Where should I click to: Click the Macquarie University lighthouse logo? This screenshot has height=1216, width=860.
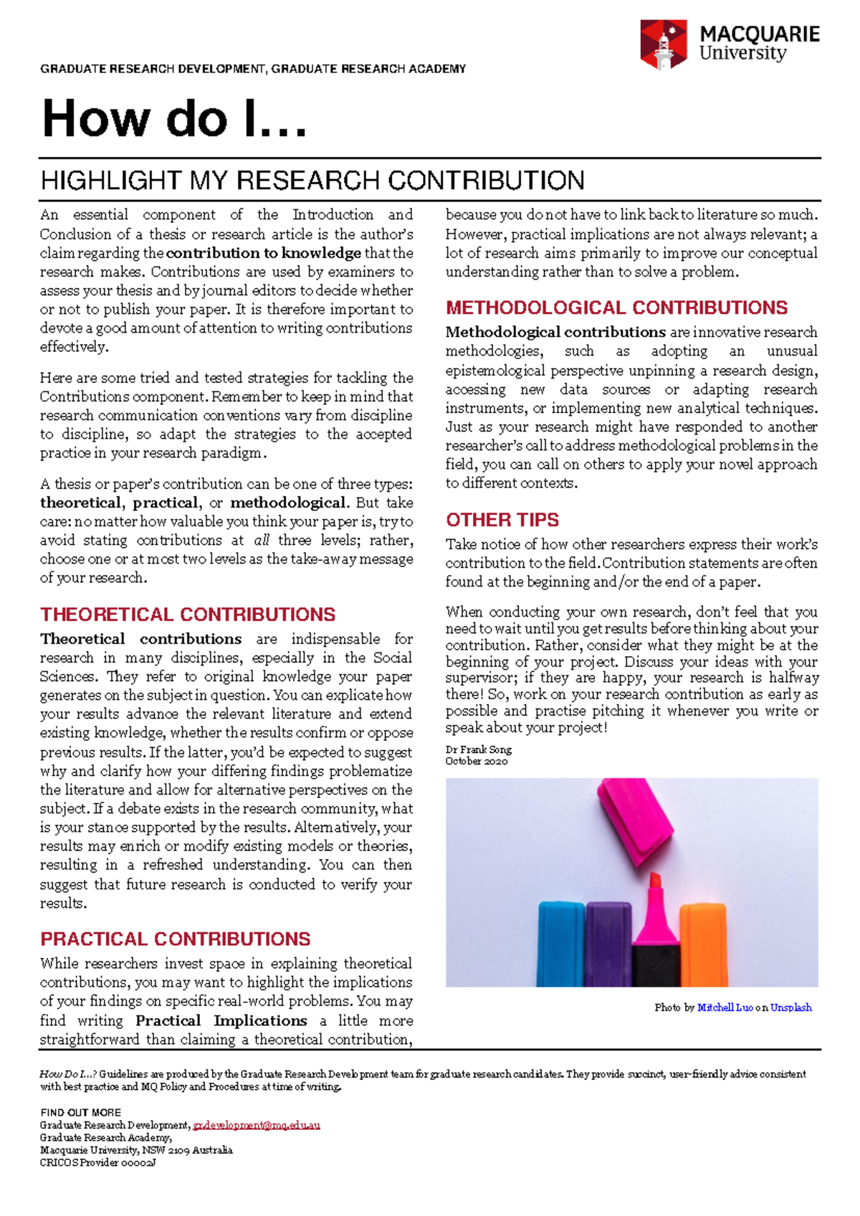coord(663,44)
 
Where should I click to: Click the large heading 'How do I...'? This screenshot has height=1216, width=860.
coord(174,118)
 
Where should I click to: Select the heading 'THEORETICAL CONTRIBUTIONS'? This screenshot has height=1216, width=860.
coord(188,614)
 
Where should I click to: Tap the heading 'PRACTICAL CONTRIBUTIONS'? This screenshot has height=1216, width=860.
coord(176,939)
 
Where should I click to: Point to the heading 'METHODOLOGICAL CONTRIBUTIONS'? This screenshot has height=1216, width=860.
coord(616,308)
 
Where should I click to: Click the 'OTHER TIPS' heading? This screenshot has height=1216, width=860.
coord(502,520)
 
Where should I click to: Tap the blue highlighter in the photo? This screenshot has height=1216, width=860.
coord(561,943)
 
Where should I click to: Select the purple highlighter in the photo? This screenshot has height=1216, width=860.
coord(608,943)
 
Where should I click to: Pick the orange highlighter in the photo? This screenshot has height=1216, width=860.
coord(703,943)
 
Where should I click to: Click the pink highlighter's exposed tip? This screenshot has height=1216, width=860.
coord(655,883)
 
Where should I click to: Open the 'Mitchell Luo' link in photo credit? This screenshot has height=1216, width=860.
coord(725,1007)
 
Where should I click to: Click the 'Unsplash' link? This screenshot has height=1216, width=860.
coord(790,1007)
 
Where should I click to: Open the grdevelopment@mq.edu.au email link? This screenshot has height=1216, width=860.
coord(257,1125)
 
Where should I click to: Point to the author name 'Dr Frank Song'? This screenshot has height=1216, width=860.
coord(479,749)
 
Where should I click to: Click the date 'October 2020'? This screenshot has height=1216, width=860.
coord(477,761)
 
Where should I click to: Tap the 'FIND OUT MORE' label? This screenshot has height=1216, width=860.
coord(80,1113)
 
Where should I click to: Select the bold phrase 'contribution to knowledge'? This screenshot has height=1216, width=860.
coord(264,253)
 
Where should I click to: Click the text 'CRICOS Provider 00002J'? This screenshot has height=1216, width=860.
coord(97,1162)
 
